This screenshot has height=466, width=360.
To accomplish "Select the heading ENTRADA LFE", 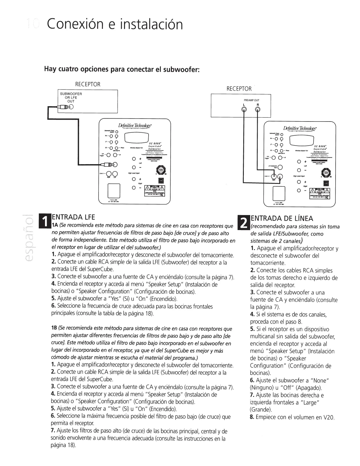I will pyautogui.click(x=73, y=217).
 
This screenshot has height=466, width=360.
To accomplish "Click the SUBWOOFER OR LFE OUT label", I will pyautogui.click(x=71, y=97).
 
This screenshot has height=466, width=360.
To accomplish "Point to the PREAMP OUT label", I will pyautogui.click(x=251, y=100).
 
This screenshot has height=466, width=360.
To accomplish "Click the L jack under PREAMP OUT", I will pyautogui.click(x=244, y=110).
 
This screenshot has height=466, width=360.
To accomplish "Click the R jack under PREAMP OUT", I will pyautogui.click(x=258, y=110).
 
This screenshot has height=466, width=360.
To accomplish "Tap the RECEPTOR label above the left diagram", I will pyautogui.click(x=88, y=84).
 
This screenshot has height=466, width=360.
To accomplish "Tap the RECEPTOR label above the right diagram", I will pyautogui.click(x=239, y=89).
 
